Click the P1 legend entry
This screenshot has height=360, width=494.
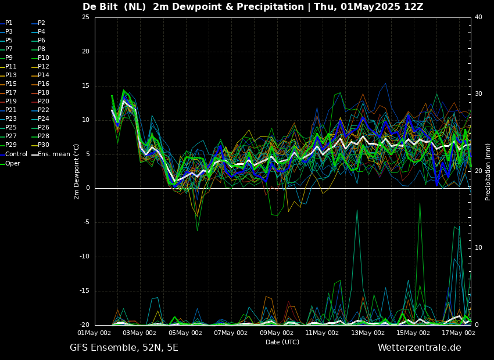(9, 23)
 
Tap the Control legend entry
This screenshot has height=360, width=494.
(16, 154)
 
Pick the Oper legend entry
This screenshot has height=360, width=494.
(12, 163)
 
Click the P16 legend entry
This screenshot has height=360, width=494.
(44, 84)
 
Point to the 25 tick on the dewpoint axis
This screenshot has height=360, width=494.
(85, 17)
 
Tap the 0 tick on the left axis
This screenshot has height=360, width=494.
(87, 188)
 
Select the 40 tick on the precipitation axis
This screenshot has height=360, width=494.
(478, 17)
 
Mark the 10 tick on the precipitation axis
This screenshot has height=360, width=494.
(478, 248)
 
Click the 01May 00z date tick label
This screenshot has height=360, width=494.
(94, 333)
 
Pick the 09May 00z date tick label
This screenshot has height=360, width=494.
(277, 333)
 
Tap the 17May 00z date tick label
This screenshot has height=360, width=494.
(459, 333)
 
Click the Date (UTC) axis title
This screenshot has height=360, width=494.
(282, 342)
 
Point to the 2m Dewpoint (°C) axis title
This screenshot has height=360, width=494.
(77, 171)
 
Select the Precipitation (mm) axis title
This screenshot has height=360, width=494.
(488, 171)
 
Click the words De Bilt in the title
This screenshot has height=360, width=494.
(102, 7)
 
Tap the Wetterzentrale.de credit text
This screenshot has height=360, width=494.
(419, 348)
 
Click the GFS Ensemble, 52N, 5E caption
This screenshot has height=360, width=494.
(124, 348)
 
